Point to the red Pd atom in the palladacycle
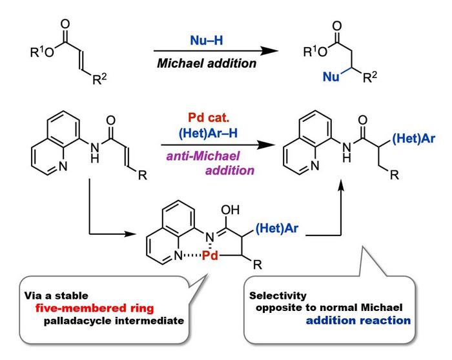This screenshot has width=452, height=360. pyautogui.click(x=209, y=255)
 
